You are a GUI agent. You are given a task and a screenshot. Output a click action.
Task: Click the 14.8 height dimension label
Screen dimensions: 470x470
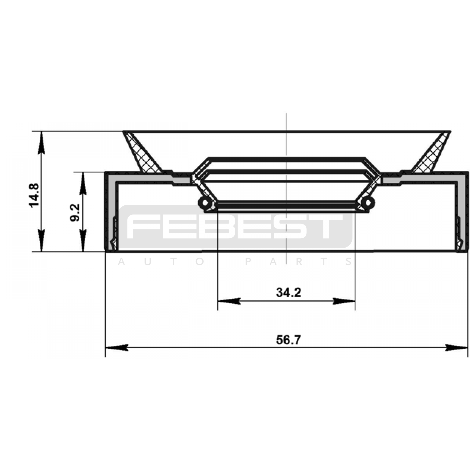coord(34,195)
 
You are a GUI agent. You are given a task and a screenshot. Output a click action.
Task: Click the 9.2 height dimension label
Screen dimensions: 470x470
coord(75,213)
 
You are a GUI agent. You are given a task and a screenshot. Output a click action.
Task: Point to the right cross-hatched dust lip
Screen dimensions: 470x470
coord(431,153)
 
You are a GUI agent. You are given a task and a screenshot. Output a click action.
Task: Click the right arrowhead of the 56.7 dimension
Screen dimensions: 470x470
coord(456,348)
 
